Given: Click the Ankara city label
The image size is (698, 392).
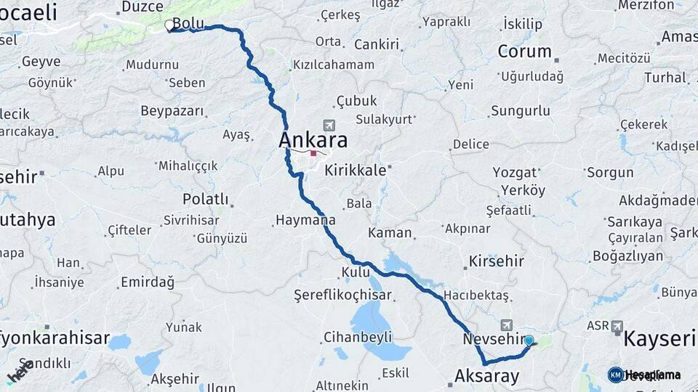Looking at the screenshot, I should point(313,139).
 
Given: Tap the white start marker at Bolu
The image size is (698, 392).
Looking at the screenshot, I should point(169,25).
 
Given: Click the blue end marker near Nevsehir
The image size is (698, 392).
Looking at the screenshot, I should point(529,340).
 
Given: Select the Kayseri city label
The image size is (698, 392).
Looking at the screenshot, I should point(659,338).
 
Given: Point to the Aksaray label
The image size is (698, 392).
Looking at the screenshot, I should point(486,376).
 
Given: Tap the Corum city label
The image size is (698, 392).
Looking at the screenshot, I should point(524,52).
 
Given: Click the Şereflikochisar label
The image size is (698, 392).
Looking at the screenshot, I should point(342,295).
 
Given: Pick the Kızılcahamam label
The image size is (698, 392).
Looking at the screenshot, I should point(333,65).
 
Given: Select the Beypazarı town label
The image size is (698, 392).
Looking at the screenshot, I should point(172,112).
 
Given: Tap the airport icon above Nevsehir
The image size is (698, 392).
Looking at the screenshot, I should point(506,324).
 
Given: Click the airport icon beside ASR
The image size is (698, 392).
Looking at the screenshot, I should point(617,327).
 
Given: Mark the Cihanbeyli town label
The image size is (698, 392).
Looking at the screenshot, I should point(358,337).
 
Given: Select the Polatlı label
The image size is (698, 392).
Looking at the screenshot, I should point(205,199).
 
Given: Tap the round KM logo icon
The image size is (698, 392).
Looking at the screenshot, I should point(615,375).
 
